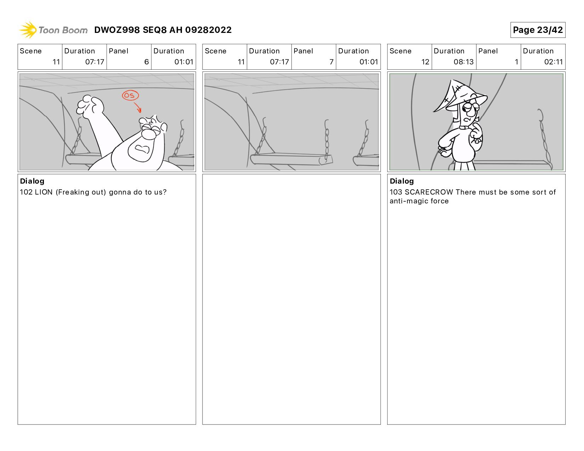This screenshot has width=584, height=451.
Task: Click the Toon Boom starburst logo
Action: (28, 30)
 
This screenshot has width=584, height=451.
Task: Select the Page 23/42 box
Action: (538, 30)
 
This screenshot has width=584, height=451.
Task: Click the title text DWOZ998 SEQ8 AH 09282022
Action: (163, 30)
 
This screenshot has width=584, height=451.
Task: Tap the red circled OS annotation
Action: (130, 96)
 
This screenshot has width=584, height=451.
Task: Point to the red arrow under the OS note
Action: (138, 107)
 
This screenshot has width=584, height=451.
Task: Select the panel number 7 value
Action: (331, 62)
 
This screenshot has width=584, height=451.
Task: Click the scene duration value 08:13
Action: (464, 62)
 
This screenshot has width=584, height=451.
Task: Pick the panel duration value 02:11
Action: (553, 62)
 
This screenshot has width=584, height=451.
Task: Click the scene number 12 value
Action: (425, 62)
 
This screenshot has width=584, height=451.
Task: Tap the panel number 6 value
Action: (147, 62)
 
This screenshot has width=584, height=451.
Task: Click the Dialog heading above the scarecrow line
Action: (402, 181)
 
